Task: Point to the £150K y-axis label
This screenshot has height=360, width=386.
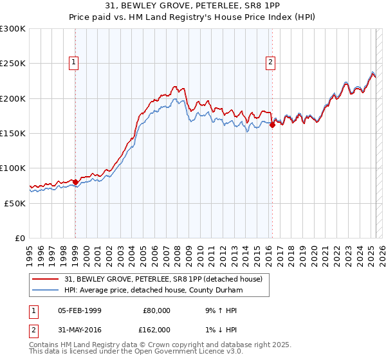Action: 13,133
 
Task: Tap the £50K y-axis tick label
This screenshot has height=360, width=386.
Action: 15,203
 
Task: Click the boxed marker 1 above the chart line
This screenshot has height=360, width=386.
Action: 75,62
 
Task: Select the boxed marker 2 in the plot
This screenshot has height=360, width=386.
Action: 270,62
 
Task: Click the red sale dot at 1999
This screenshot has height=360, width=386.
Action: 75,182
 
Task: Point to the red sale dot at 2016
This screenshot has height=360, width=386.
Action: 272,125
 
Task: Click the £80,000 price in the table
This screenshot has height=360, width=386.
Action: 156,310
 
